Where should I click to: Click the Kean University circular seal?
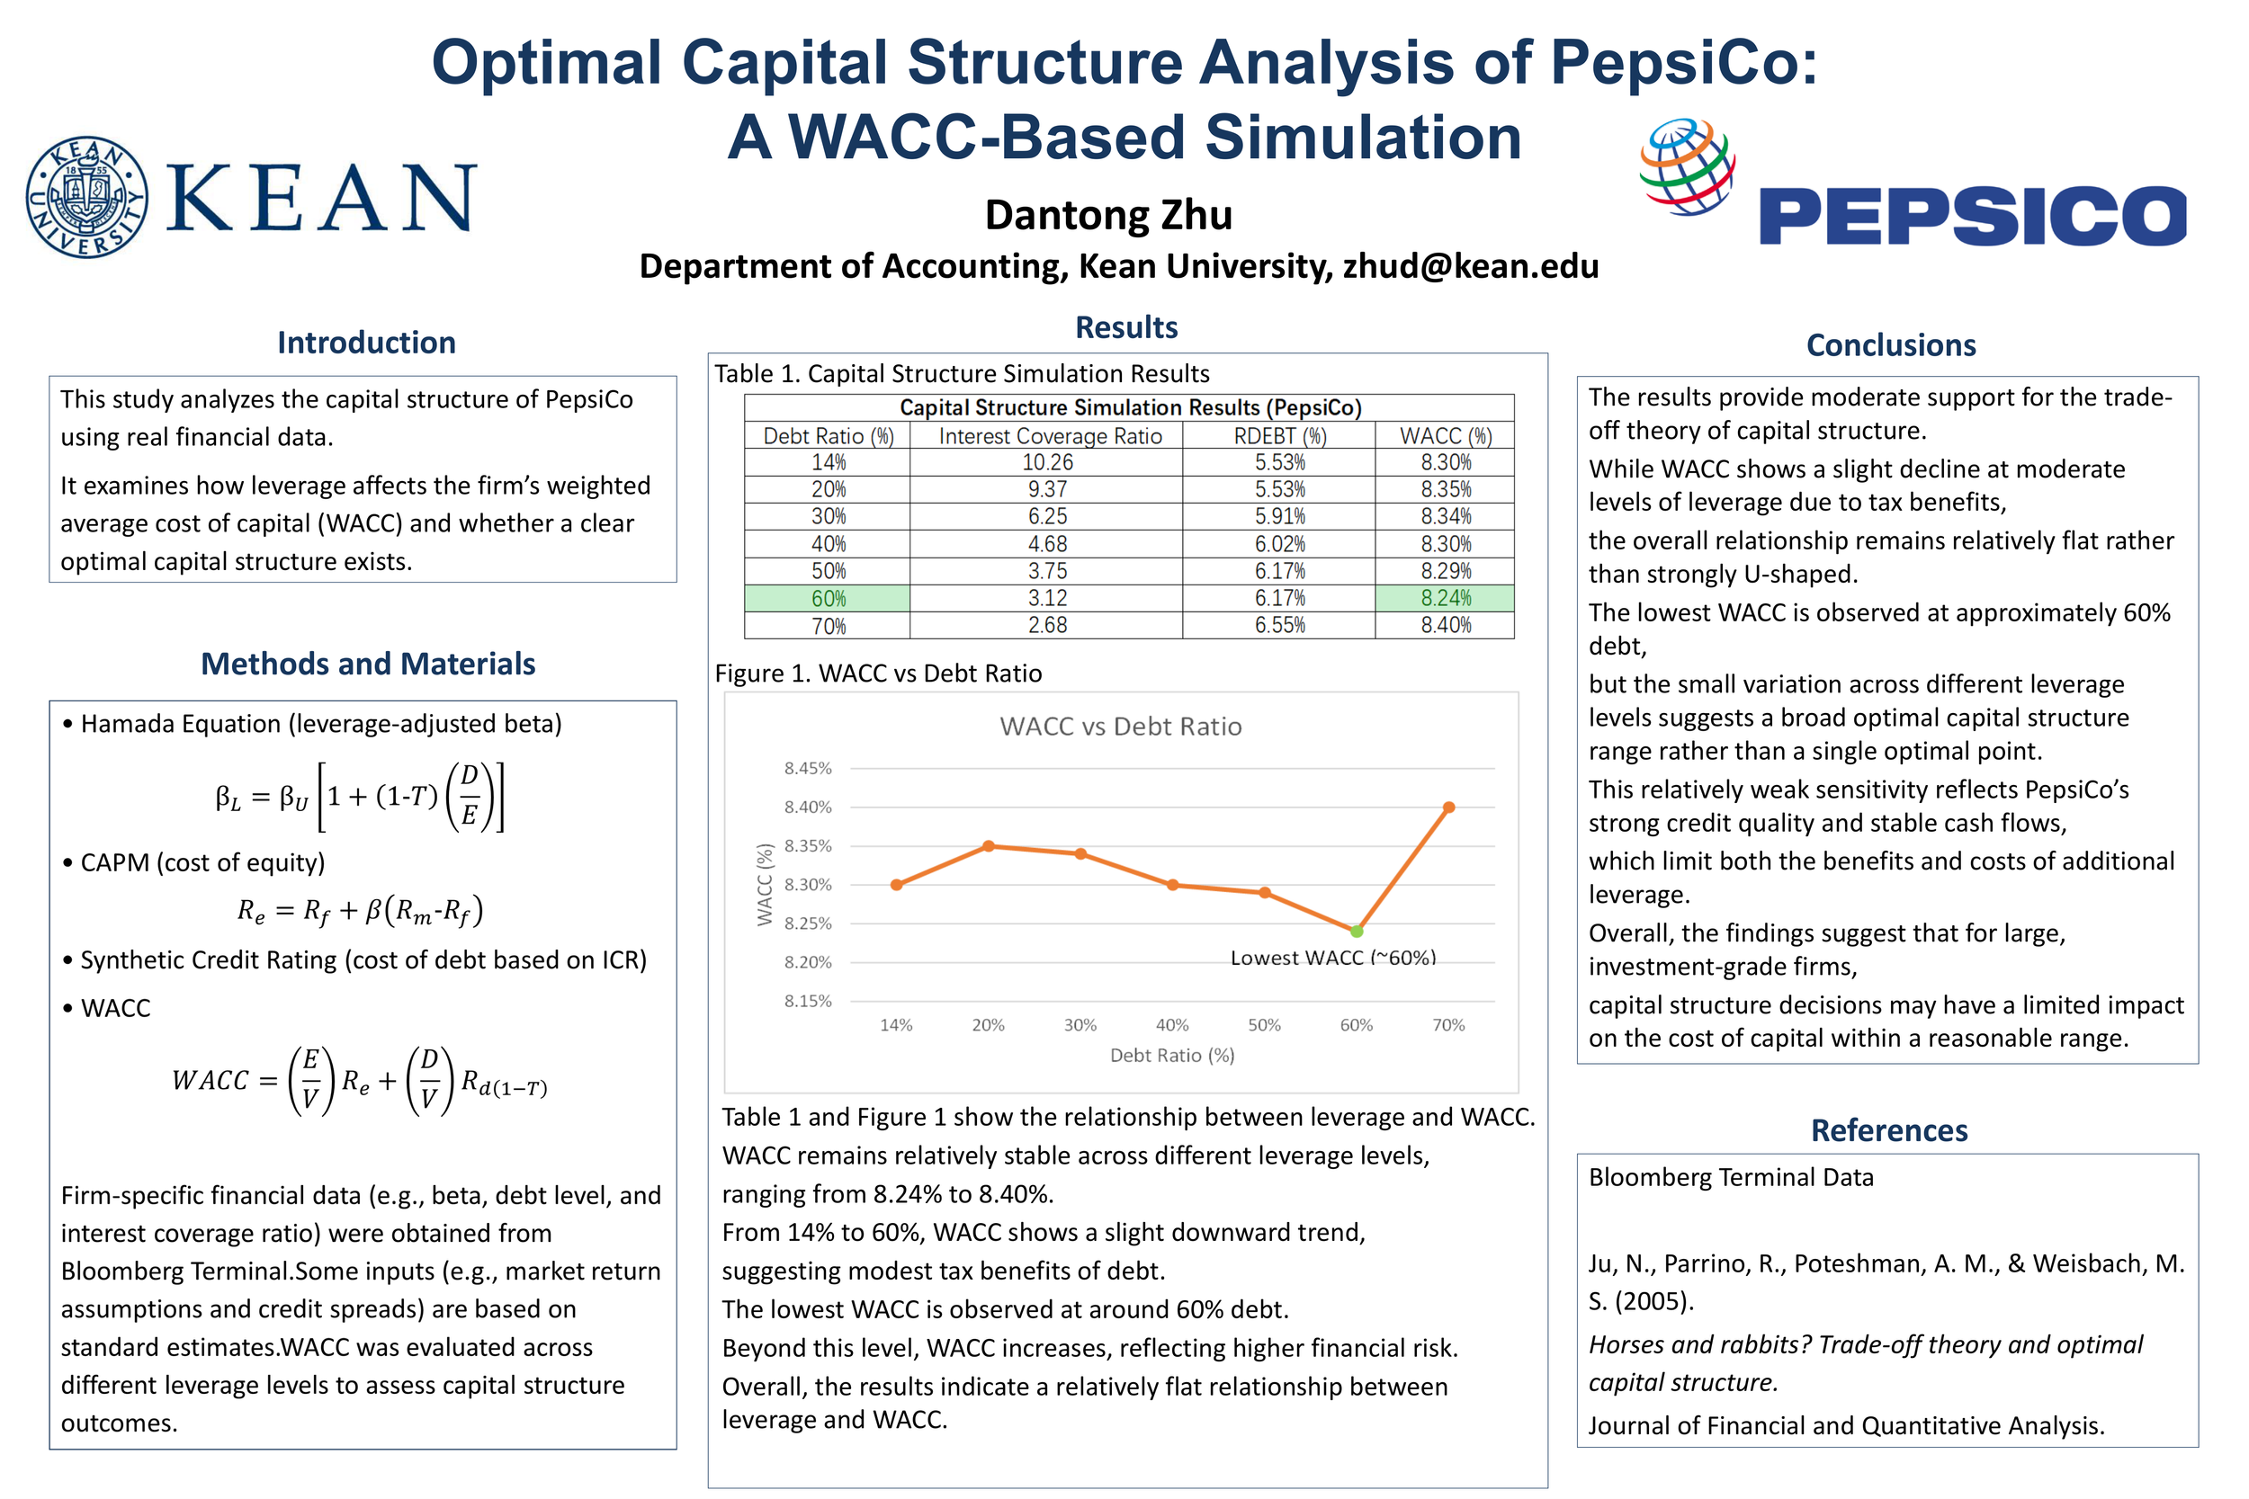87,197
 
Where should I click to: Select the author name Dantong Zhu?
1108,215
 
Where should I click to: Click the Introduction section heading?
366,344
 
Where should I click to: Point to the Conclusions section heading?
1890,345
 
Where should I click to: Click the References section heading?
1888,1130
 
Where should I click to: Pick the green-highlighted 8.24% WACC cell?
1445,599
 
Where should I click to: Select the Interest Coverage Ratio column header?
1050,437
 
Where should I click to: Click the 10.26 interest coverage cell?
1047,463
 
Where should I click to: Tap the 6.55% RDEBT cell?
1279,625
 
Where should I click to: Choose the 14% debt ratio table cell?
828,463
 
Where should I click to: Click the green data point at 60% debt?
1356,930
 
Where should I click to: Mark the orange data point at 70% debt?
1448,807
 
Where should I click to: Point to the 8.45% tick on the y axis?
808,769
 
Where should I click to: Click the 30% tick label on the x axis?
1080,1025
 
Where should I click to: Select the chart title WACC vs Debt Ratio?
1121,727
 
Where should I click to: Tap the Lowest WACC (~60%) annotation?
1333,958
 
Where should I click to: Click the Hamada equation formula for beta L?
360,797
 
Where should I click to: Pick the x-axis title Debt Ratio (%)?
1171,1056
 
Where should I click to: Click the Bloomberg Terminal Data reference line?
1730,1177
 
